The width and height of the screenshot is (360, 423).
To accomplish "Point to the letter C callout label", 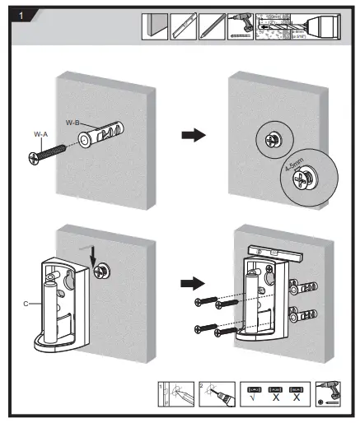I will coord(27,303).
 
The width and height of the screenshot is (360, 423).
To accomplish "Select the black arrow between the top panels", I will coord(192,135).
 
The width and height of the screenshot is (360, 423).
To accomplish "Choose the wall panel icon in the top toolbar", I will coord(156,26).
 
